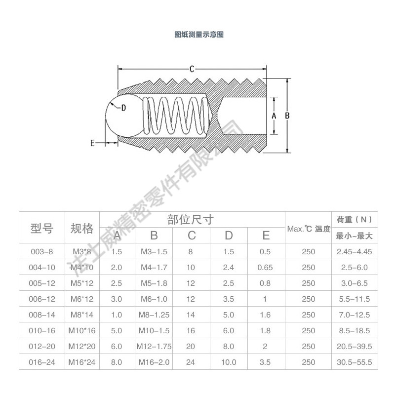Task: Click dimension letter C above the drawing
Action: tap(192, 69)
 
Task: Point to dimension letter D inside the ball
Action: tap(123, 107)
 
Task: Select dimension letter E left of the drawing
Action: tap(92, 143)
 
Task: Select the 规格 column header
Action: tap(82, 228)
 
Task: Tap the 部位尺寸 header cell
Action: tap(192, 220)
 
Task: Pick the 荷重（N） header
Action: tap(354, 219)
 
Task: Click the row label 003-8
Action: tap(41, 251)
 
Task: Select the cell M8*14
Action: tap(82, 315)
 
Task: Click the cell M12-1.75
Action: tap(154, 346)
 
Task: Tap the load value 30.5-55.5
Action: tap(354, 362)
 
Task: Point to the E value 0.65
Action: tap(265, 267)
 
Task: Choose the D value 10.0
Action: tap(229, 362)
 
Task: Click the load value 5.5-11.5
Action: tap(354, 299)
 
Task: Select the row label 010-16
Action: tap(41, 330)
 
